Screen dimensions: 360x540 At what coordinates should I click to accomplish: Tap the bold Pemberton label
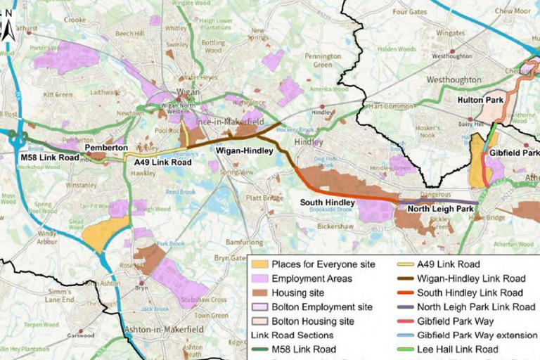[106, 149]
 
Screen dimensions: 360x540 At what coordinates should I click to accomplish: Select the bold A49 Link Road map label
[162, 162]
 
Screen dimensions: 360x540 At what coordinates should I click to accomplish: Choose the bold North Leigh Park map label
[441, 208]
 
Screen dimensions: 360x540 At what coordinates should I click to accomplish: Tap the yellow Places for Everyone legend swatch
[260, 264]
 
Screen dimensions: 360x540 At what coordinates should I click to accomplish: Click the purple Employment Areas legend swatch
[260, 278]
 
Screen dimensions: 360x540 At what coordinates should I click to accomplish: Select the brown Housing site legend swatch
[260, 292]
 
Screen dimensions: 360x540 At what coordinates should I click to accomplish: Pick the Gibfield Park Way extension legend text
[477, 335]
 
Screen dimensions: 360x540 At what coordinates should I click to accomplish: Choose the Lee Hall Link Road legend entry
[457, 349]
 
